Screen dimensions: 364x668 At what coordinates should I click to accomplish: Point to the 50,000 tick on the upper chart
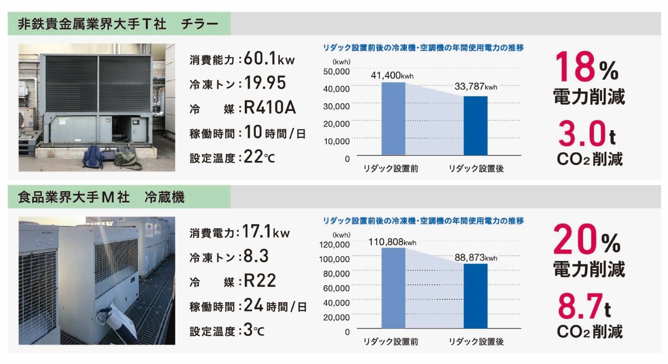337,71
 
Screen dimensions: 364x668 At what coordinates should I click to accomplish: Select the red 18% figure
587,69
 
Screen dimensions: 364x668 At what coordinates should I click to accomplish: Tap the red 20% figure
587,241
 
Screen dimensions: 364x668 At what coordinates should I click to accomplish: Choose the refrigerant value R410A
269,108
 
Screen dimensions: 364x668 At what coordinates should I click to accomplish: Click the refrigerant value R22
260,281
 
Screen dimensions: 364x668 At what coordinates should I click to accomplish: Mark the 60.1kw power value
269,59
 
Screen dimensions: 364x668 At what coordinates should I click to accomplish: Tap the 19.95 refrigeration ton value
265,83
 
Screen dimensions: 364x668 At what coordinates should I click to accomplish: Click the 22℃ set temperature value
259,158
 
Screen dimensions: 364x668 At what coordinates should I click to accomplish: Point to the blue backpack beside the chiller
93,157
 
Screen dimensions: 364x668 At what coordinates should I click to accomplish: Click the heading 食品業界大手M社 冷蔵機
101,198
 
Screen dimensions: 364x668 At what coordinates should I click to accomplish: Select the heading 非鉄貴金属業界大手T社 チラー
118,24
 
